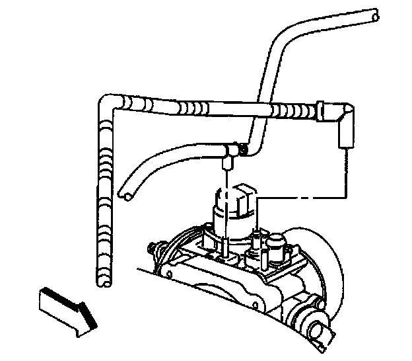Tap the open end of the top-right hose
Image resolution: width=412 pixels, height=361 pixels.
[375, 13]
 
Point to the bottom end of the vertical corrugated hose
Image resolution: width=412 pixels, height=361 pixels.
[104, 282]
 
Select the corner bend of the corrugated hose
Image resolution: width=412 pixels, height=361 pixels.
[109, 104]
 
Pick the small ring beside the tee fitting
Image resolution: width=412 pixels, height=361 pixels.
[242, 151]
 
